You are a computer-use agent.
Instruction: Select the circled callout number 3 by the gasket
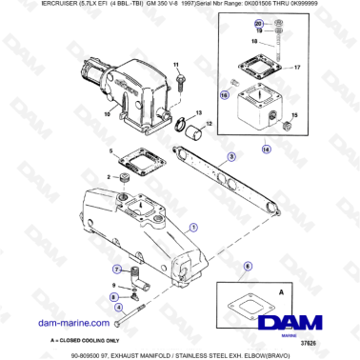point(230,156)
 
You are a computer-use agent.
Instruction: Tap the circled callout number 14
point(266,150)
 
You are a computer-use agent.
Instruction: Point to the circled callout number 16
point(225,95)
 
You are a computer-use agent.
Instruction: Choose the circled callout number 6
point(249,270)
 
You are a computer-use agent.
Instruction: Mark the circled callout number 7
point(118,270)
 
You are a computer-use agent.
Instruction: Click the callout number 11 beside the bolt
point(176,65)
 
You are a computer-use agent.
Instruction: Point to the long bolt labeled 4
point(132,300)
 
